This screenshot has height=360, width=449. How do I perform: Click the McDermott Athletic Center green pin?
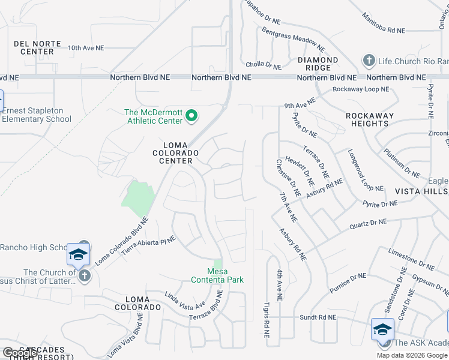point(191,116)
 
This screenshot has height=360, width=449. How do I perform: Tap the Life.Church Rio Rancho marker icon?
point(369,61)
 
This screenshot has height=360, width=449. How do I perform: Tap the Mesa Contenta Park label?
point(217,275)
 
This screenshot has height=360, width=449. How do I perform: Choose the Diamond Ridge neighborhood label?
point(318,64)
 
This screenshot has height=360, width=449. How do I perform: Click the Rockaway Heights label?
point(370,119)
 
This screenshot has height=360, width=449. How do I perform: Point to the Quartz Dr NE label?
point(368,225)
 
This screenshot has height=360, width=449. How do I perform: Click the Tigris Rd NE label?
point(265,318)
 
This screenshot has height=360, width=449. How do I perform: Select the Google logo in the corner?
point(20,353)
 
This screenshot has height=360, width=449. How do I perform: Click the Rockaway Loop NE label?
point(361,89)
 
